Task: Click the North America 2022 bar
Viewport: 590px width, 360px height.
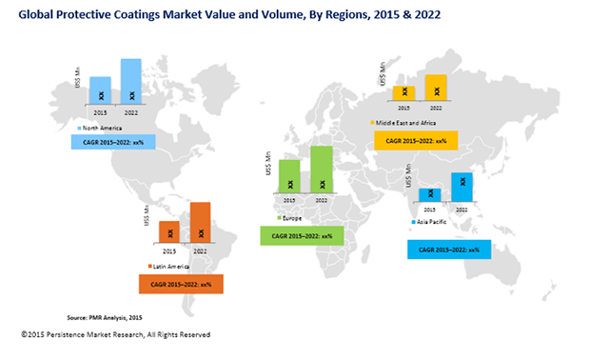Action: click(x=130, y=81)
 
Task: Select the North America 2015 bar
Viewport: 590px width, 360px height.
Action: click(x=100, y=90)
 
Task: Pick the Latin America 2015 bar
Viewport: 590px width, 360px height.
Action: click(x=169, y=230)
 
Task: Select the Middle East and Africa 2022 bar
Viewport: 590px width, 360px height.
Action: click(x=436, y=87)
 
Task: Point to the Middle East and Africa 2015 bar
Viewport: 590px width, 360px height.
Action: click(x=404, y=92)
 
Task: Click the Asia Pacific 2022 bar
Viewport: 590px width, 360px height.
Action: click(x=462, y=188)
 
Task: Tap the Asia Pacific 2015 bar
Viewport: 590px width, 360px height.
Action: click(x=429, y=195)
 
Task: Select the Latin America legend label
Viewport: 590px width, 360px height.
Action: click(x=171, y=266)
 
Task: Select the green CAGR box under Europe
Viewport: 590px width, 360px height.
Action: click(x=301, y=234)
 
